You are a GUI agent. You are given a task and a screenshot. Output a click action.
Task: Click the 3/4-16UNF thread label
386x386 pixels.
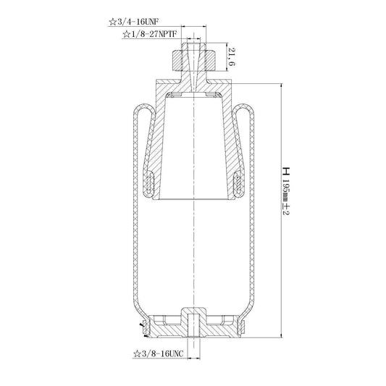click(138, 22)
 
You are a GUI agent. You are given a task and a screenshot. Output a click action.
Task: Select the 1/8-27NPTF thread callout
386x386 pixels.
click(154, 34)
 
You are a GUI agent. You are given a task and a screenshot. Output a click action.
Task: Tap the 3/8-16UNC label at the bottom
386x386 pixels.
click(162, 354)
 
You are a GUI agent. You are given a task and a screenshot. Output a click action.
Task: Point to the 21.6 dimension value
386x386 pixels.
click(232, 56)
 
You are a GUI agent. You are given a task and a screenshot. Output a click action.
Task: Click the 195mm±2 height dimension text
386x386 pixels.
click(286, 197)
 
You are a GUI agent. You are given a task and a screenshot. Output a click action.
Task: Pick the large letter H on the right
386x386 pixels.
click(286, 171)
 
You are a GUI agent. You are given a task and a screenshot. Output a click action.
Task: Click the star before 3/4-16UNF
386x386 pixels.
click(112, 22)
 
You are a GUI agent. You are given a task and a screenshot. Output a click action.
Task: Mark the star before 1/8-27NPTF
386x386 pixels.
click(126, 34)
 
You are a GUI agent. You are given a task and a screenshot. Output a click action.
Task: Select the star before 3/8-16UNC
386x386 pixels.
click(137, 354)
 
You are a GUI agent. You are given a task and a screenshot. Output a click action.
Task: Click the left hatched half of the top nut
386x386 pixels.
click(177, 61)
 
